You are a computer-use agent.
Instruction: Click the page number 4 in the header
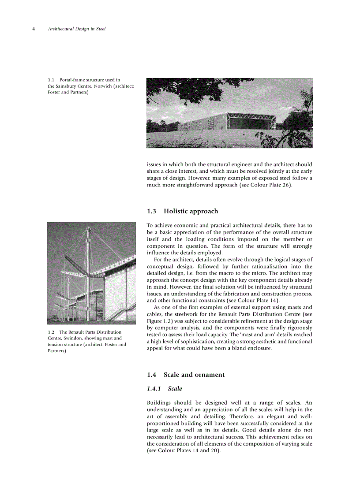[34, 29]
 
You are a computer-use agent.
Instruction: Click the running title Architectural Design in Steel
[76, 29]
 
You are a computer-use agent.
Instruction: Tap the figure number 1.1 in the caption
[51, 80]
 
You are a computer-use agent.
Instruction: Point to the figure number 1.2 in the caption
[51, 332]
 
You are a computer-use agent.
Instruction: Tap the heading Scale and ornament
[194, 375]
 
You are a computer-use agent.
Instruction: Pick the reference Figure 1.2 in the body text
[160, 321]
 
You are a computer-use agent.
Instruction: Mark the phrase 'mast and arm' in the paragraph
[251, 335]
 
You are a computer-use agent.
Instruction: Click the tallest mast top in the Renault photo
[88, 227]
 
